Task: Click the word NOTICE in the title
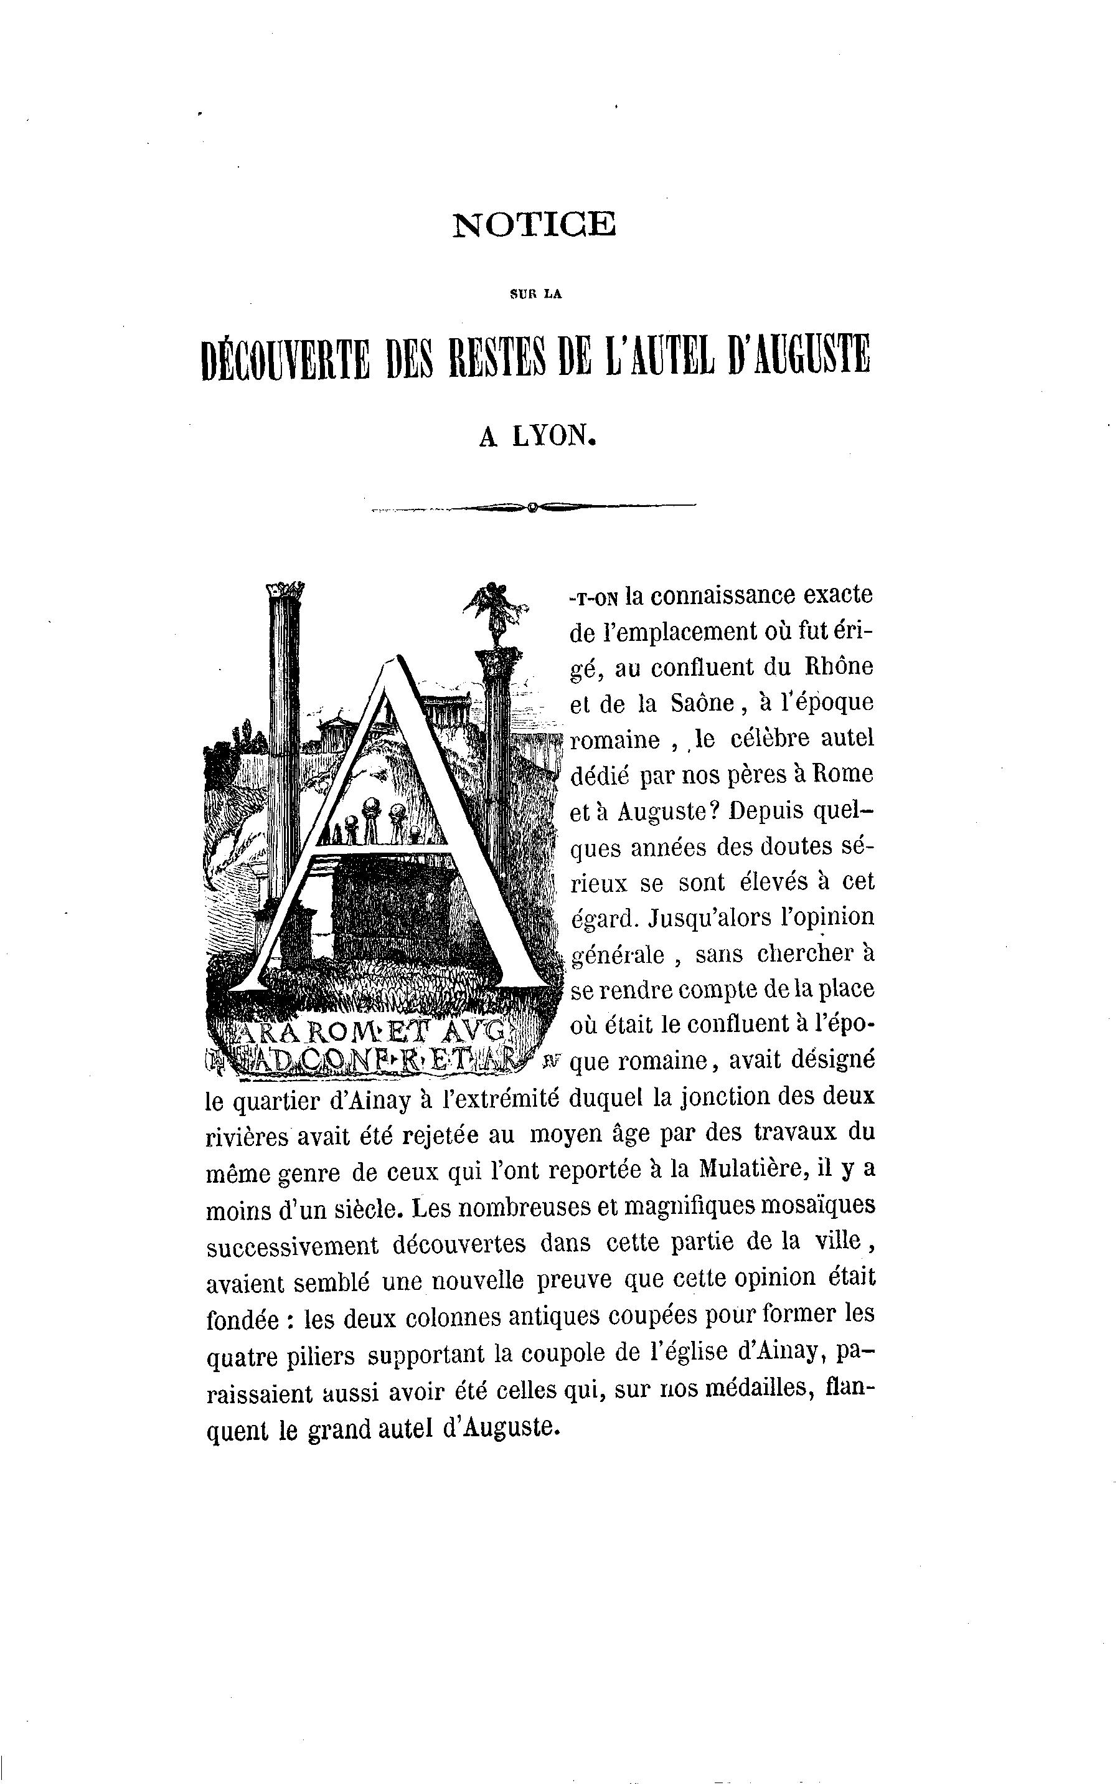coord(534,224)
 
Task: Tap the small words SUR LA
coord(535,294)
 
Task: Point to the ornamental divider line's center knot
coord(532,507)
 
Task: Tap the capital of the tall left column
coord(285,590)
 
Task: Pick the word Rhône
coord(839,667)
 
